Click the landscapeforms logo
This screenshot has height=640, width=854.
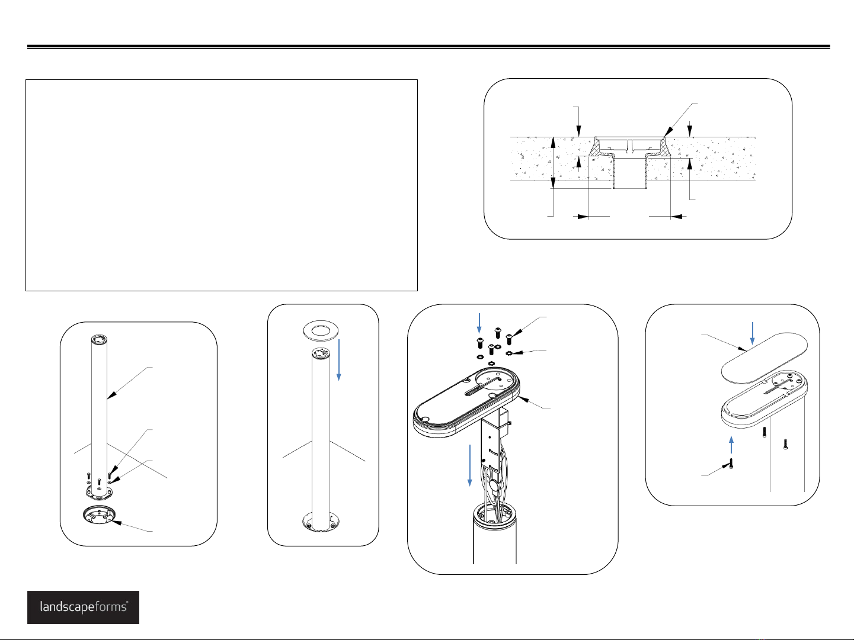click(83, 607)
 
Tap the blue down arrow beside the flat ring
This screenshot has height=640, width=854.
click(339, 359)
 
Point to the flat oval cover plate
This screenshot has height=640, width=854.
click(764, 358)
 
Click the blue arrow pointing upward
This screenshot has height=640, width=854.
click(731, 445)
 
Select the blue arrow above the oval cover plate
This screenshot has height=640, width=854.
click(753, 333)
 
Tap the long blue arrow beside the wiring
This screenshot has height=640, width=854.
click(470, 465)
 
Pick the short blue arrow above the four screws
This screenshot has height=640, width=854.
click(479, 323)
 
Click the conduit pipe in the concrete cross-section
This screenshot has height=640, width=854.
click(630, 172)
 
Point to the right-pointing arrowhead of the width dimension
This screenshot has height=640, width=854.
click(583, 217)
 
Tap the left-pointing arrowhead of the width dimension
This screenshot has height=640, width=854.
click(676, 217)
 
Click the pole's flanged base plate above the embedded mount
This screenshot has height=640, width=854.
click(99, 490)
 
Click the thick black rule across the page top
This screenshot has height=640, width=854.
click(428, 47)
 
